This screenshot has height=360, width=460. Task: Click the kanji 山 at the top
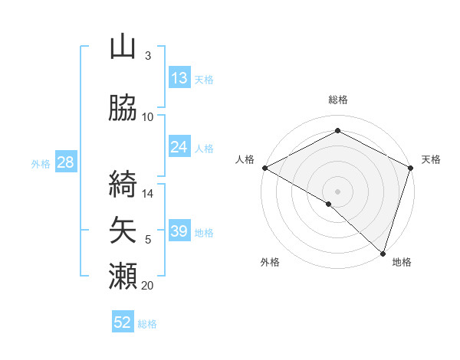pyautogui.click(x=123, y=47)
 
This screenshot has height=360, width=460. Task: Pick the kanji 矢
pyautogui.click(x=123, y=228)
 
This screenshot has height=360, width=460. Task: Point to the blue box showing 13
pyautogui.click(x=179, y=78)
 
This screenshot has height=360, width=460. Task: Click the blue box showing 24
pyautogui.click(x=179, y=148)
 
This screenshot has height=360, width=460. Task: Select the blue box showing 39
pyautogui.click(x=179, y=232)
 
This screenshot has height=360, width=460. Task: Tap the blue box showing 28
pyautogui.click(x=65, y=162)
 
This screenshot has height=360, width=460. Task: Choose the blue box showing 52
pyautogui.click(x=123, y=322)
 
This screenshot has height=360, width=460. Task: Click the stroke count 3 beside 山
pyautogui.click(x=147, y=56)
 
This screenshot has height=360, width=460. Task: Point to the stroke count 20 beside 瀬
pyautogui.click(x=147, y=286)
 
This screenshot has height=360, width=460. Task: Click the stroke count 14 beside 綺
pyautogui.click(x=147, y=194)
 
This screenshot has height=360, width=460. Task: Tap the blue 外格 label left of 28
pyautogui.click(x=40, y=163)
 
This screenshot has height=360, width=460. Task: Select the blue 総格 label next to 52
pyautogui.click(x=147, y=324)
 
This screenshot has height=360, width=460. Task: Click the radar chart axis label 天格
pyautogui.click(x=431, y=159)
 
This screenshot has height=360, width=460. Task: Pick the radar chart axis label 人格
pyautogui.click(x=245, y=159)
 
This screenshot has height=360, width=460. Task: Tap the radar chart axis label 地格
pyautogui.click(x=402, y=262)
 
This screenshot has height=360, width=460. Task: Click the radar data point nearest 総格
pyautogui.click(x=337, y=131)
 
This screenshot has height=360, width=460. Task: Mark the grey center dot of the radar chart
pyautogui.click(x=337, y=191)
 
